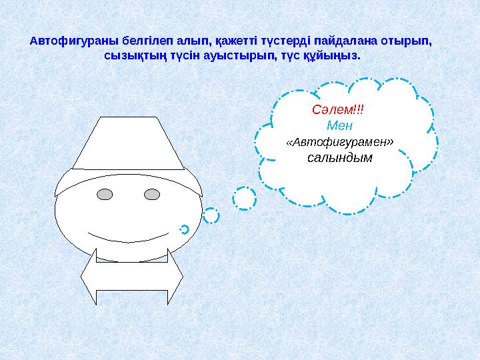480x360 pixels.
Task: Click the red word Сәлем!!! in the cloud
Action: click(340, 109)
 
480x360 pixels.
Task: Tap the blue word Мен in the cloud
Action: click(340, 125)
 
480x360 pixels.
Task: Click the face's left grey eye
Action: click(105, 195)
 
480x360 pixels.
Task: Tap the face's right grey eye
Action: click(152, 195)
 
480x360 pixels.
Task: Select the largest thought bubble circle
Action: click(245, 198)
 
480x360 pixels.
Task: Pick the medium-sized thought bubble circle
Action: click(211, 215)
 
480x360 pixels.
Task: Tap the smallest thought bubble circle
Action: click(185, 229)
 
